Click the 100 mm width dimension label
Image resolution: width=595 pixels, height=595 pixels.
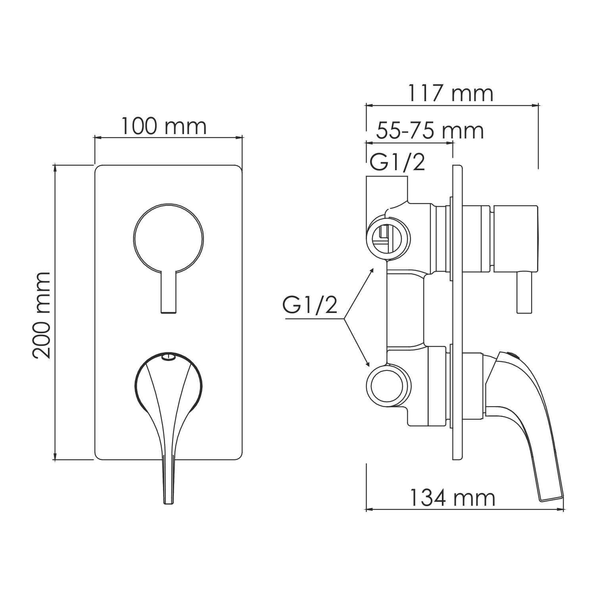click(163, 126)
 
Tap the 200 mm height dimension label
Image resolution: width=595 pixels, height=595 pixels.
click(42, 315)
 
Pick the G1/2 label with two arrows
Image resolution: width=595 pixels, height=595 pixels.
click(310, 305)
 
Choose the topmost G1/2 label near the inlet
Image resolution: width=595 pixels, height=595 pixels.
click(397, 163)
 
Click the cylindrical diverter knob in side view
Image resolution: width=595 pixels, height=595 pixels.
click(515, 239)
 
